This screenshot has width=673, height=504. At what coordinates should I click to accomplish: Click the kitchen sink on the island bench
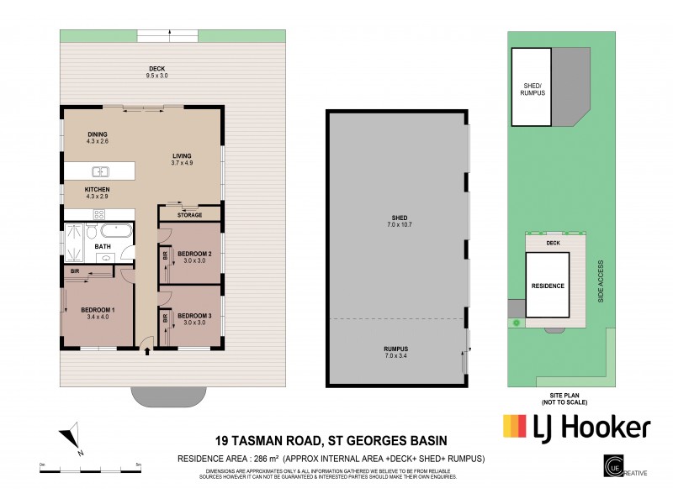97,171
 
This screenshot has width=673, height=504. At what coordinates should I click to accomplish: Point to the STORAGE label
189,215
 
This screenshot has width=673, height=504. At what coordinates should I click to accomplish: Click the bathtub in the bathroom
114,231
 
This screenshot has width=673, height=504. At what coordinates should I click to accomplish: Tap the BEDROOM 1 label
97,312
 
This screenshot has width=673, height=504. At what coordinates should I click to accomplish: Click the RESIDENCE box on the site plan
547,286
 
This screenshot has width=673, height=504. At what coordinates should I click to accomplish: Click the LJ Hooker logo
576,427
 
